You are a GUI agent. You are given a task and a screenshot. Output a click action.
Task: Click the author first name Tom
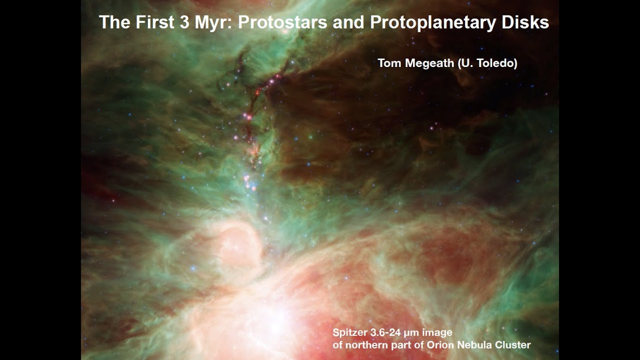point(388,63)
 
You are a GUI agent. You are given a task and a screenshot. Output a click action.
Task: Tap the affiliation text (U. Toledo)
point(487,63)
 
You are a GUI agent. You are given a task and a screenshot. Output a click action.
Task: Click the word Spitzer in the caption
point(350,332)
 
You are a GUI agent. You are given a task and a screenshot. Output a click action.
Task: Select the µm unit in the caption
point(415,332)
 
